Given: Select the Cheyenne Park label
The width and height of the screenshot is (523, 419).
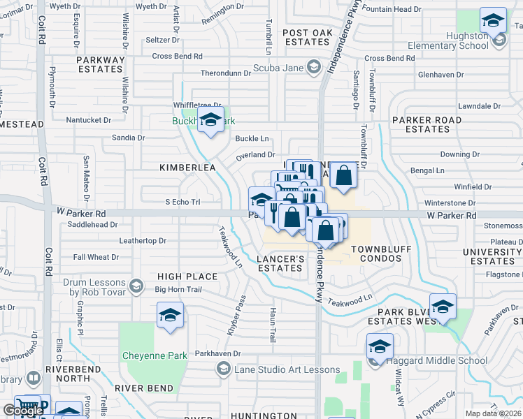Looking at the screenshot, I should [x=155, y=355].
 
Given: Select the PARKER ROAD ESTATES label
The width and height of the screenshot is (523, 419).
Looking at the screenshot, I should [x=427, y=124].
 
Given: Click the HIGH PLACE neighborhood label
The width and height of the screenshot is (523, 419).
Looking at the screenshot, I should [x=187, y=277].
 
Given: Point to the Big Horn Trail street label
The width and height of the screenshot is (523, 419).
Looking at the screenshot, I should [x=178, y=289].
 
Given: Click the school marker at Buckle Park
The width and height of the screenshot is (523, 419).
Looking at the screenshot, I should [x=210, y=121].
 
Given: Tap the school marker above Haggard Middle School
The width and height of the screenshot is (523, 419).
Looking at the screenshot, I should [x=380, y=347].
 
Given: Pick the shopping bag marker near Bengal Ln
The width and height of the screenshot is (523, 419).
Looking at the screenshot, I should [x=343, y=176].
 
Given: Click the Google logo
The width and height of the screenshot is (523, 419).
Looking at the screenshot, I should [x=23, y=411].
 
